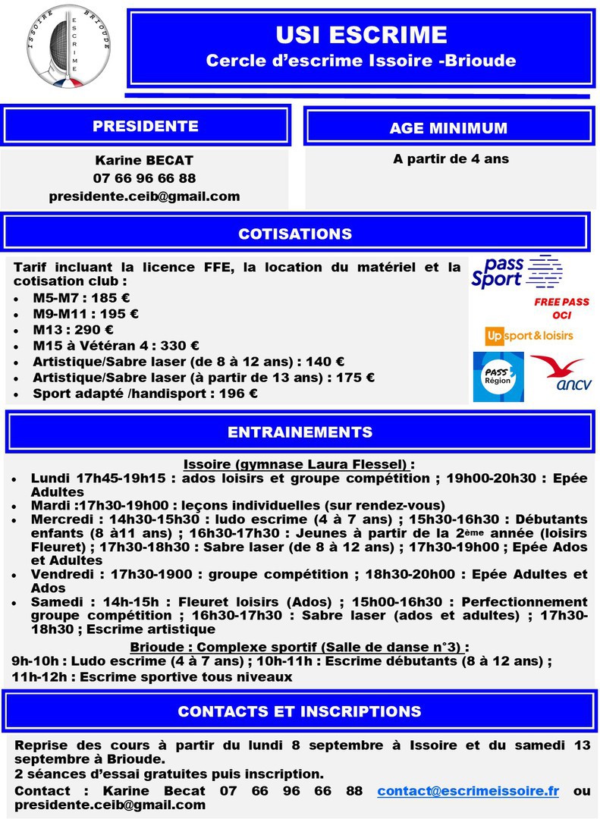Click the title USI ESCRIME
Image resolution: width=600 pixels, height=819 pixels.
click(361, 35)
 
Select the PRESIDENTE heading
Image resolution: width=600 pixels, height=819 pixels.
click(146, 126)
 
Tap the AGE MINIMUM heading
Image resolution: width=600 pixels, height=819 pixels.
click(448, 127)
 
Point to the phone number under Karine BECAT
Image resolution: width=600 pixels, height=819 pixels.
click(144, 178)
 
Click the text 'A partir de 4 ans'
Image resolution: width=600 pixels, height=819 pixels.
click(451, 159)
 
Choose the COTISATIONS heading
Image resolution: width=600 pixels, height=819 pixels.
click(295, 234)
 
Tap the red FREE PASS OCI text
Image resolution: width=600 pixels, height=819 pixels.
click(561, 308)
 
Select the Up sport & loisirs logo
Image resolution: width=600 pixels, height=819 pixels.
click(529, 335)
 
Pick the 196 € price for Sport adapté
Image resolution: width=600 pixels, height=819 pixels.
click(242, 394)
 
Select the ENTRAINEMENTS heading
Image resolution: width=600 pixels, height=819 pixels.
click(300, 432)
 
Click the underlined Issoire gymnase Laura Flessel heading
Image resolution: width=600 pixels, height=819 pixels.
click(300, 464)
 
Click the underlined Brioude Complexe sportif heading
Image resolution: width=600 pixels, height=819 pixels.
click(300, 648)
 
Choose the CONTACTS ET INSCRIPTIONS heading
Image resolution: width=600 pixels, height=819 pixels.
click(299, 711)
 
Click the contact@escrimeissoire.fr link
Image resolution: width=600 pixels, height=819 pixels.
click(468, 791)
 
